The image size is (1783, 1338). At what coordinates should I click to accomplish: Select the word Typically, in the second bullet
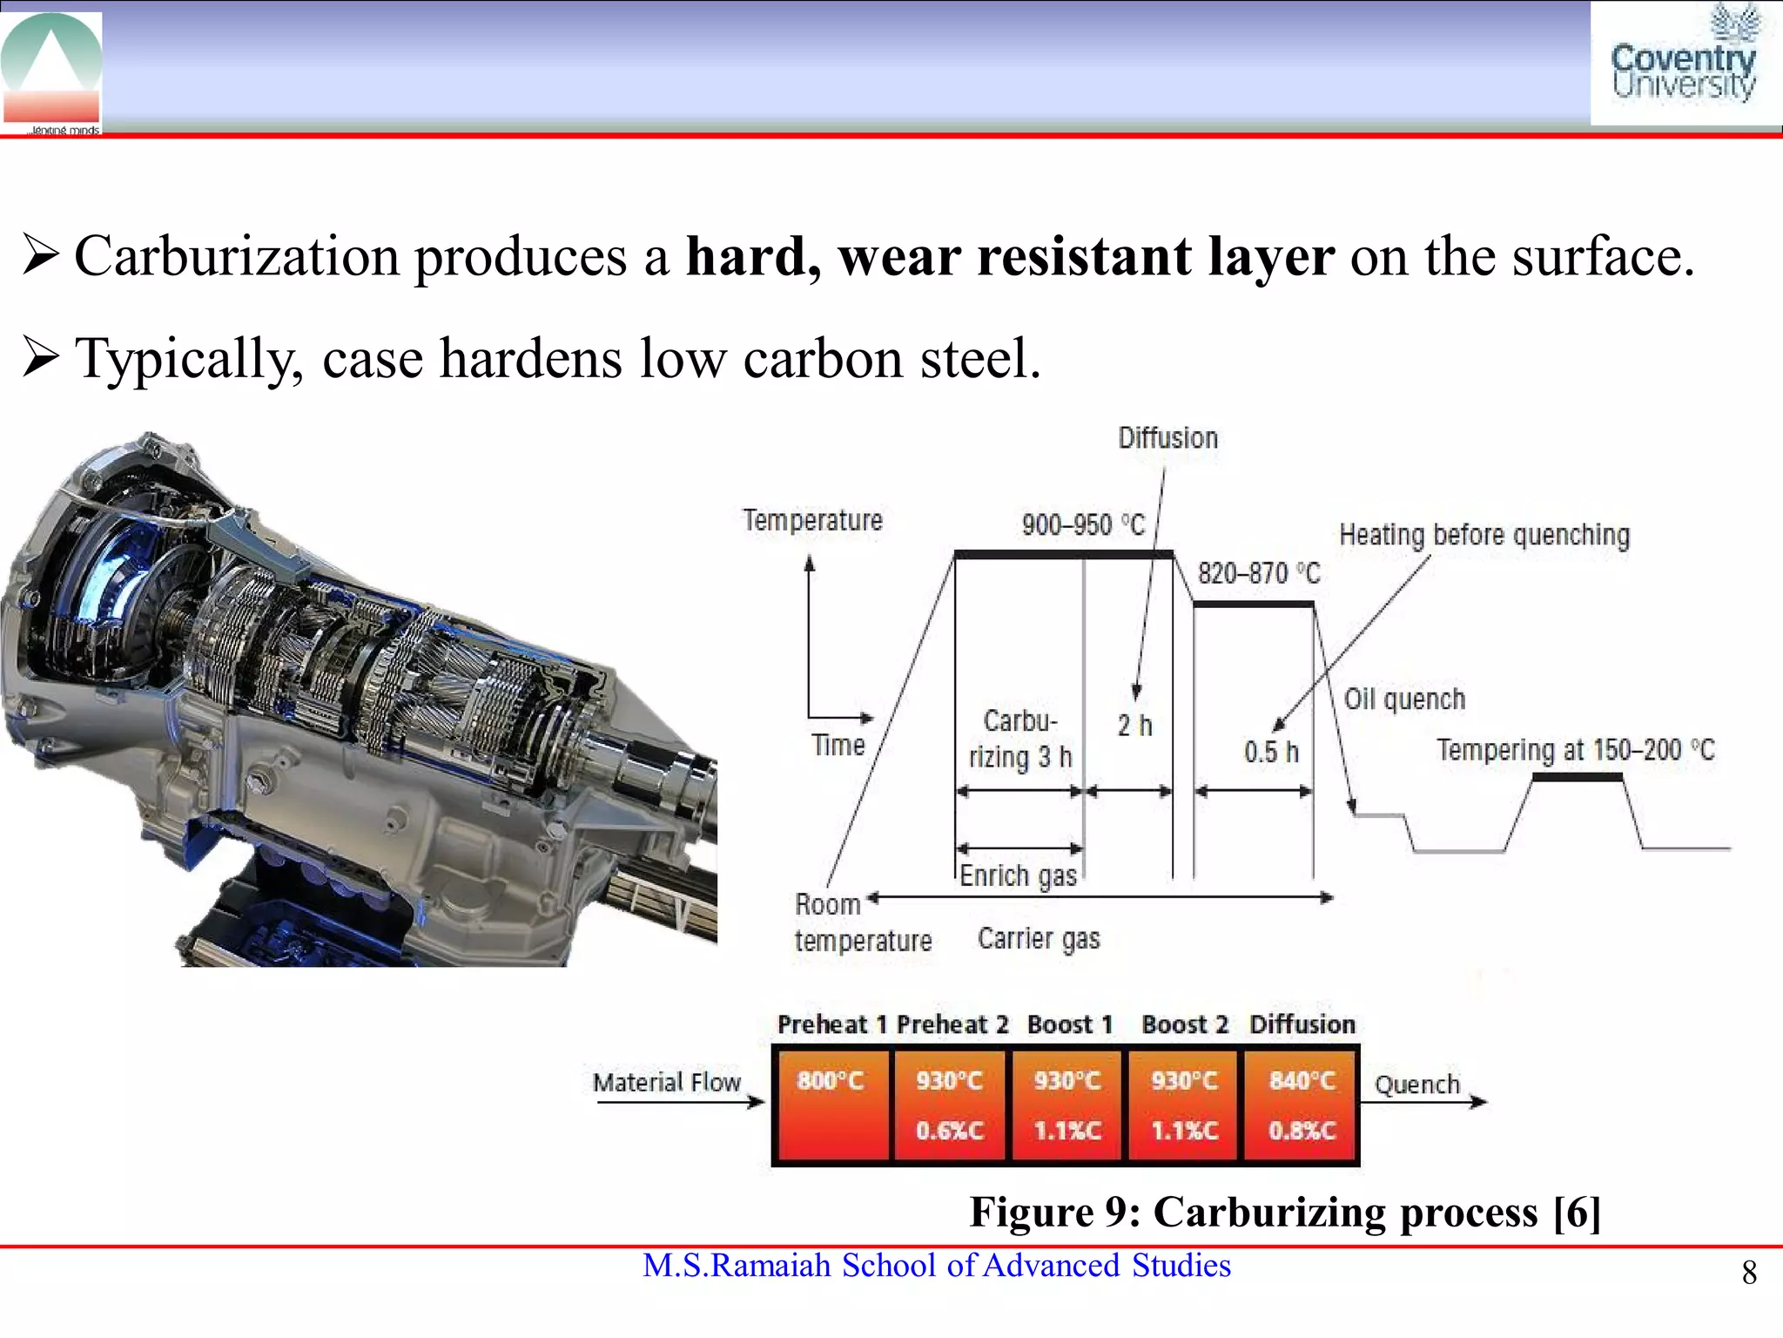189,359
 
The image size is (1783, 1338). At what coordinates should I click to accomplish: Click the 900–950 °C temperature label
1082,525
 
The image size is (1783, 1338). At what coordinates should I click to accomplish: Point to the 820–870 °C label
1258,573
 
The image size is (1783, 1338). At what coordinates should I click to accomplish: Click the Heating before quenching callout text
1484,535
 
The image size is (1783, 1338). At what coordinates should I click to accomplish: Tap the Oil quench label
1404,699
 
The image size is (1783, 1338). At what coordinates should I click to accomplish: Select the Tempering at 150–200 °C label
1575,750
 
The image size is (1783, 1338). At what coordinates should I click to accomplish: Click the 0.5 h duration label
1270,752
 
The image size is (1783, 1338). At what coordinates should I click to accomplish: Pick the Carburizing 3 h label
1019,740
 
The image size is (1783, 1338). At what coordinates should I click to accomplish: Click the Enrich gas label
1018,875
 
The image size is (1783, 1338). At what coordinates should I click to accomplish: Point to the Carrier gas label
1038,939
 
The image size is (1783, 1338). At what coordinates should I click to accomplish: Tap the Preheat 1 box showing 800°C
831,1105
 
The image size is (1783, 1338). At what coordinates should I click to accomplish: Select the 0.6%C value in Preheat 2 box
949,1131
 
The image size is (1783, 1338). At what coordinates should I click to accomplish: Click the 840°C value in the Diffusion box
1302,1081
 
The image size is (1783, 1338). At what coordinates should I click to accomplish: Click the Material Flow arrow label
667,1083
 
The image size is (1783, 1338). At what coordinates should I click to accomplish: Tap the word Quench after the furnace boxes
1416,1085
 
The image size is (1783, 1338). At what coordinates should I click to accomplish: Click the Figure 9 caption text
1284,1212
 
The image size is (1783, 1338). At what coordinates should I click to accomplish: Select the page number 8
1749,1274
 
